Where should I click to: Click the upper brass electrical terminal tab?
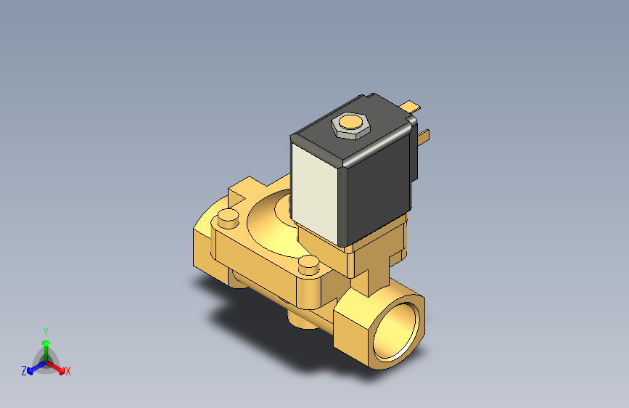click(x=413, y=106)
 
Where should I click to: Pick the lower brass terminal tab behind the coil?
click(x=424, y=136)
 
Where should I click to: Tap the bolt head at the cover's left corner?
click(x=228, y=216)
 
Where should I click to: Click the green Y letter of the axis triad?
click(x=45, y=331)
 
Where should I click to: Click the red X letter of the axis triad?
click(x=68, y=372)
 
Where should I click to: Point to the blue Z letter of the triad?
click(x=24, y=371)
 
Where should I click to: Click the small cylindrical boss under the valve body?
click(x=299, y=319)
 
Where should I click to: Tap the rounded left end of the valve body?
click(x=202, y=240)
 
